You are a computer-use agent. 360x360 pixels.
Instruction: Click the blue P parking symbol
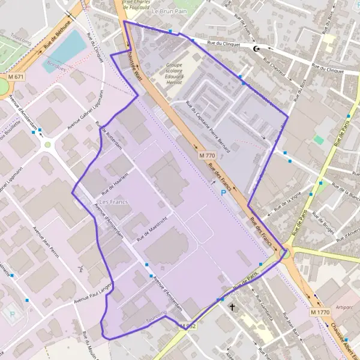click(224, 193)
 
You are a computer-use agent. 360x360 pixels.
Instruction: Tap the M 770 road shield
click(206, 155)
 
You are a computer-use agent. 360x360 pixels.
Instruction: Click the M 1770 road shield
click(321, 313)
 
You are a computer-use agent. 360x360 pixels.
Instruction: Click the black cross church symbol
click(233, 307)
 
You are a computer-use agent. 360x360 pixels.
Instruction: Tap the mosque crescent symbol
click(258, 49)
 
